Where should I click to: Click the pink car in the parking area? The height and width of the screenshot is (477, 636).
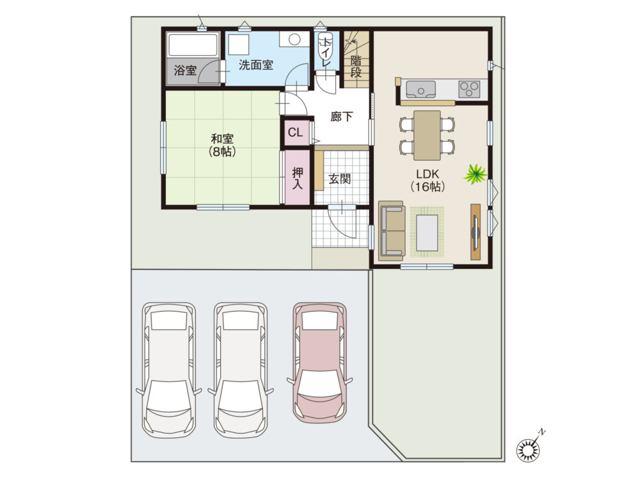coord(320,363)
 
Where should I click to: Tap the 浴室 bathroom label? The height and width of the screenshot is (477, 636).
coord(185,71)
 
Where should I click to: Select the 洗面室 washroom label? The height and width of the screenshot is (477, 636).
coord(255,65)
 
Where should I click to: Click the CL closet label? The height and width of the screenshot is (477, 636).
coord(295,132)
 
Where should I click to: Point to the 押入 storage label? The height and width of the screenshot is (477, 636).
coord(298,178)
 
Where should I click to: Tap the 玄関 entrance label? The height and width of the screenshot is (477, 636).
coord(340,178)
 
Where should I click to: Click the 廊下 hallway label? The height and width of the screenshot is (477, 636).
coord(342,117)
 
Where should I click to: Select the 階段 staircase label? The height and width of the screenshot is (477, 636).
coord(356,66)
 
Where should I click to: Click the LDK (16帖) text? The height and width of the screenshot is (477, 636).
coord(428,180)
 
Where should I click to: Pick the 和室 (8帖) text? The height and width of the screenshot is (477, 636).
coord(222,145)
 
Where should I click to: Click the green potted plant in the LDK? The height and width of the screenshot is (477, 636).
coord(475,174)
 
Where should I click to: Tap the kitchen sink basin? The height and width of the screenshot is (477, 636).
coord(420,89)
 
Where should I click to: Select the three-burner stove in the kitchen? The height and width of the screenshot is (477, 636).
coord(470,89)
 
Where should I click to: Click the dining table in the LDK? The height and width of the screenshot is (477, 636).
coord(427,135)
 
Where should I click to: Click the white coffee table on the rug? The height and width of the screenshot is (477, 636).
coord(427,233)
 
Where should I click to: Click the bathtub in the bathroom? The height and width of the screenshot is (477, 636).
coord(193,45)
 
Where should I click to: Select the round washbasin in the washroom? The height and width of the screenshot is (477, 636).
coord(294,39)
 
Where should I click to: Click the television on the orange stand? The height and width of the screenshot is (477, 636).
coord(475,232)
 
